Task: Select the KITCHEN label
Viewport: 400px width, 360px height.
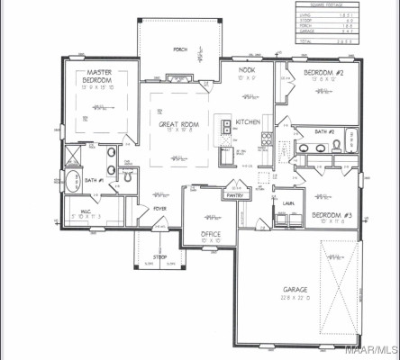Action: [x=248, y=122]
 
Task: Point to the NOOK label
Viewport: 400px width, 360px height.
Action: [x=247, y=69]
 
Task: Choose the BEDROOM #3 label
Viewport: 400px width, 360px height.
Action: [x=331, y=215]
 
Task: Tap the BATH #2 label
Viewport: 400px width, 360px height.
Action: [x=326, y=130]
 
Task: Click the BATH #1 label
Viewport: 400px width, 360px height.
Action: [x=95, y=180]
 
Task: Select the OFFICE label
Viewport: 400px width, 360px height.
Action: [x=212, y=234]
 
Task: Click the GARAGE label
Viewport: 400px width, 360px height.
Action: [x=295, y=290]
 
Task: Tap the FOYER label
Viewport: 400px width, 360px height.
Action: [x=159, y=209]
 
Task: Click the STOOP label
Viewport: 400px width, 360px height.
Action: [x=159, y=256]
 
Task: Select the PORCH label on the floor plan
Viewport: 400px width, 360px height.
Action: [x=180, y=49]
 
